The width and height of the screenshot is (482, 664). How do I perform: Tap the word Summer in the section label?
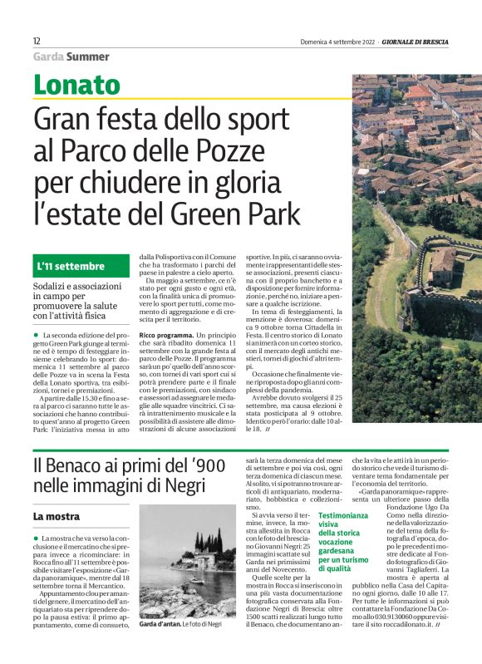click(88, 57)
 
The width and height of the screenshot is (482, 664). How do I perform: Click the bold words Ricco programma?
click(166, 335)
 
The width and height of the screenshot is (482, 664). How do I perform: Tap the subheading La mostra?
click(56, 516)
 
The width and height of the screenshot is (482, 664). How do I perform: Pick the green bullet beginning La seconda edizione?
click(36, 334)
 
